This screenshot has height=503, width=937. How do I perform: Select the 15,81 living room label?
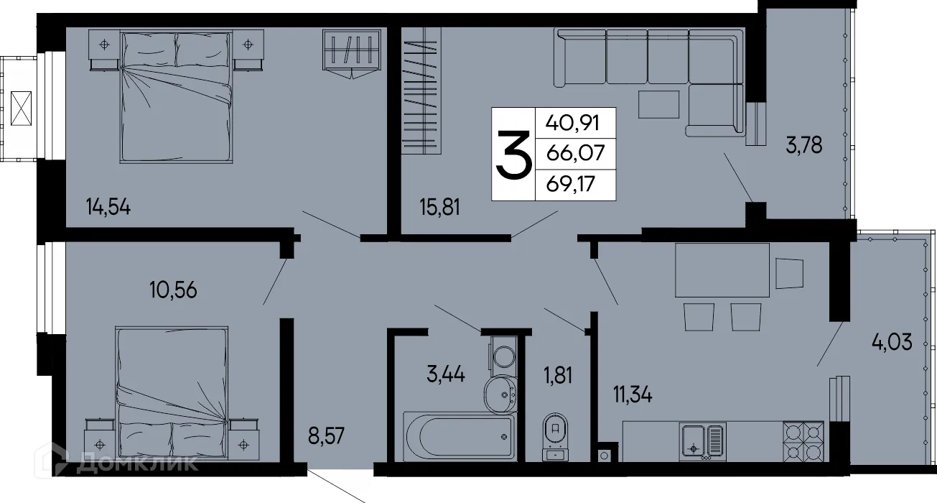click(439, 208)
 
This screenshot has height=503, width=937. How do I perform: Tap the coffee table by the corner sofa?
click(657, 106)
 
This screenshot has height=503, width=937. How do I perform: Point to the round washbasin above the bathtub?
click(501, 390)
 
